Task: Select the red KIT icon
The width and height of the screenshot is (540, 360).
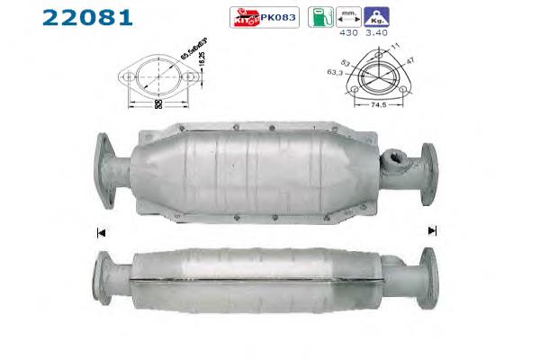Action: click(243, 16)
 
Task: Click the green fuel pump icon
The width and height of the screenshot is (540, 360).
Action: click(318, 15)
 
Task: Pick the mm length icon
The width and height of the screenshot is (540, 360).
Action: click(348, 15)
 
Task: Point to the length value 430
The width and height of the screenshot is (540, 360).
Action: click(349, 33)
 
